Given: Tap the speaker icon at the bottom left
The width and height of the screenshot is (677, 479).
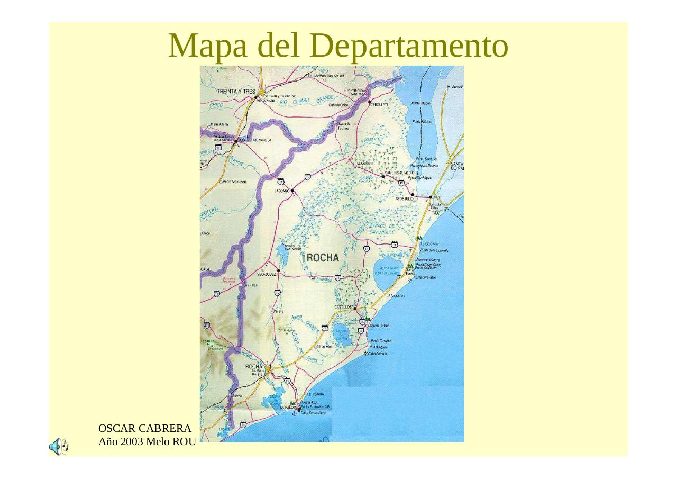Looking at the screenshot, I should pos(58,447).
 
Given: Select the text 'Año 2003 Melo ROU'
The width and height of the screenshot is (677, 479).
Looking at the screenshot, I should pos(147,441).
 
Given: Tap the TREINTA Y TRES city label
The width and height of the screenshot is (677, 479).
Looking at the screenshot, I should pos(236,92).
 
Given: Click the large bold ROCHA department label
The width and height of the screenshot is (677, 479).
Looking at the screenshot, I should pos(322,258).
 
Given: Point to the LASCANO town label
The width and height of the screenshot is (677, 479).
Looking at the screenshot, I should pos(281,191).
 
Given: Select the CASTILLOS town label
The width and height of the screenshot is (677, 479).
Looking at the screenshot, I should pos(343,307).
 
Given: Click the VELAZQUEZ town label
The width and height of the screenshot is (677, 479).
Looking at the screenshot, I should pos(267,275).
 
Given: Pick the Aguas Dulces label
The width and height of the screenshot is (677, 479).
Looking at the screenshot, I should pos(379,326).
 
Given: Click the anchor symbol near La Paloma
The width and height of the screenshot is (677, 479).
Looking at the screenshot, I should pos(295,413).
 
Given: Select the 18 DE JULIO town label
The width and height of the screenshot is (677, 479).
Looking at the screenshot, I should pos(405,198).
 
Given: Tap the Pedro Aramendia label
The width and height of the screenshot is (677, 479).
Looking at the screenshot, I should pos(235,182).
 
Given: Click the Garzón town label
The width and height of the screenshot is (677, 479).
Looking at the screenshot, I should pos(237,396).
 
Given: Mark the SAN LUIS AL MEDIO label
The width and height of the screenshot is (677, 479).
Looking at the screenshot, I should pos(399,173).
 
